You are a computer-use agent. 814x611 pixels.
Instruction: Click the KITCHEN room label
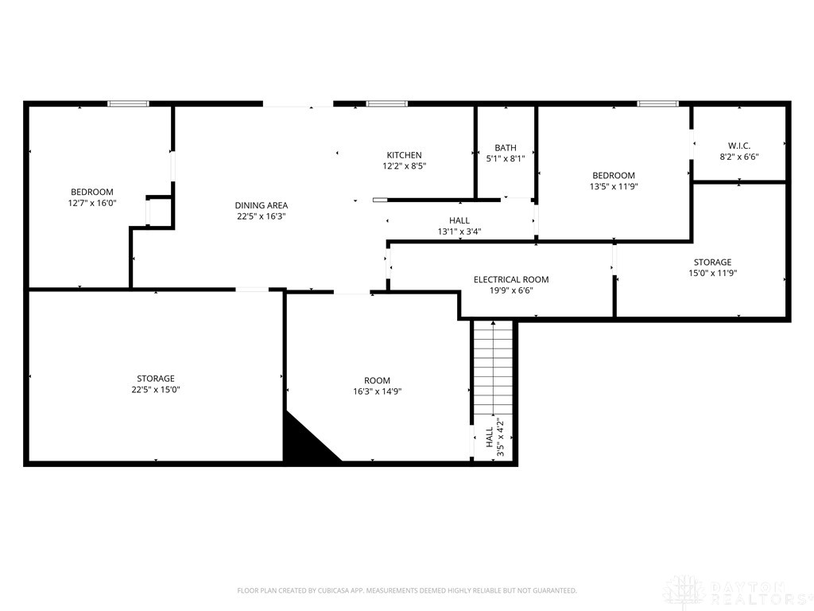(404, 155)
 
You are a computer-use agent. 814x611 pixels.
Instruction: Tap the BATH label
(505, 147)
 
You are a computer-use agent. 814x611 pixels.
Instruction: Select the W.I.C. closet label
(738, 146)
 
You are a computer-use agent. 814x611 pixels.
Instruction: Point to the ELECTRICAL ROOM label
(511, 279)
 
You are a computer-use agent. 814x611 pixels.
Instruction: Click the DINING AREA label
(261, 205)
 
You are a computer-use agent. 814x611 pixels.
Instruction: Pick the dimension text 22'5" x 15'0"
(156, 390)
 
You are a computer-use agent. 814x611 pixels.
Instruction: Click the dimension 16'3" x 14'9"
(378, 391)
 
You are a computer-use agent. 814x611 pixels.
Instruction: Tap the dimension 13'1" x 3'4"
(459, 232)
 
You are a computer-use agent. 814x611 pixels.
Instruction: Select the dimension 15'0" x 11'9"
(713, 274)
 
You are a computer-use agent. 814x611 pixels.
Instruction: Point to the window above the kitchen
(387, 103)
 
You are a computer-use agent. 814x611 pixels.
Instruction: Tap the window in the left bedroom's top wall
(128, 103)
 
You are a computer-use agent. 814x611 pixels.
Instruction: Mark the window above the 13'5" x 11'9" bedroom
(657, 103)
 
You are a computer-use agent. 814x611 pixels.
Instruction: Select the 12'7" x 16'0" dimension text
(92, 203)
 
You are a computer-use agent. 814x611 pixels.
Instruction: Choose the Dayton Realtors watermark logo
(739, 592)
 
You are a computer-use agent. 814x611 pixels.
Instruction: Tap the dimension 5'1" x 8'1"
(505, 159)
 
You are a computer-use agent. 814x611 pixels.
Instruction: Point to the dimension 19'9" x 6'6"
(511, 291)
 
